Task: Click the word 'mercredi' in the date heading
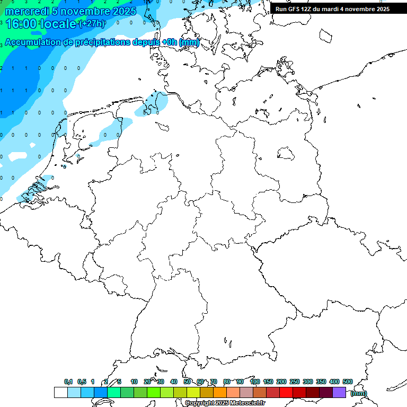26,11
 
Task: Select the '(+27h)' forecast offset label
91,23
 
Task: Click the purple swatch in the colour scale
339,393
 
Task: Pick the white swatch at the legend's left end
60,393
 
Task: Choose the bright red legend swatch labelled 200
286,393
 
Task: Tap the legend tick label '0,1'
68,382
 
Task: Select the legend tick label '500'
348,382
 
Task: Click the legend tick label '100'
254,382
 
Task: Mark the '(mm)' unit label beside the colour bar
359,393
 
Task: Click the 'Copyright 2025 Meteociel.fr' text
225,403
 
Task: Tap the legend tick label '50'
187,382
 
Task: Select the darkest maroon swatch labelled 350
326,393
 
